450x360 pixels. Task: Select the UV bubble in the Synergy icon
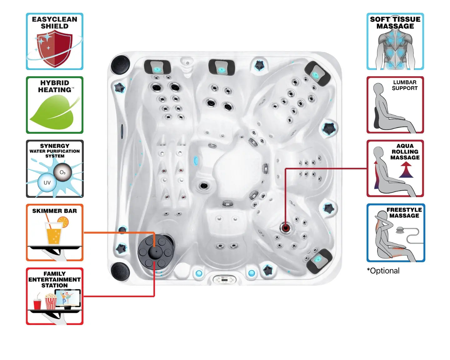pyautogui.click(x=47, y=182)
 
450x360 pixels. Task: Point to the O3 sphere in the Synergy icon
pyautogui.click(x=62, y=172)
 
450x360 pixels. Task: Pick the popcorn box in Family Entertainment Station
pyautogui.click(x=51, y=302)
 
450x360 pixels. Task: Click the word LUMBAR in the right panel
pyautogui.click(x=405, y=82)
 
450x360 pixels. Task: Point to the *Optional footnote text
pyautogui.click(x=383, y=271)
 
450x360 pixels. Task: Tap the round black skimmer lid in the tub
pyautogui.click(x=155, y=251)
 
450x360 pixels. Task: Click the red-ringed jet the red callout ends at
pyautogui.click(x=285, y=227)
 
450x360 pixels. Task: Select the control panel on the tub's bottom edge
pyautogui.click(x=224, y=279)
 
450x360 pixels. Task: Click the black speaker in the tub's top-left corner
pyautogui.click(x=120, y=64)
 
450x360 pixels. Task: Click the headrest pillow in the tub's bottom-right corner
pyautogui.click(x=319, y=260)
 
